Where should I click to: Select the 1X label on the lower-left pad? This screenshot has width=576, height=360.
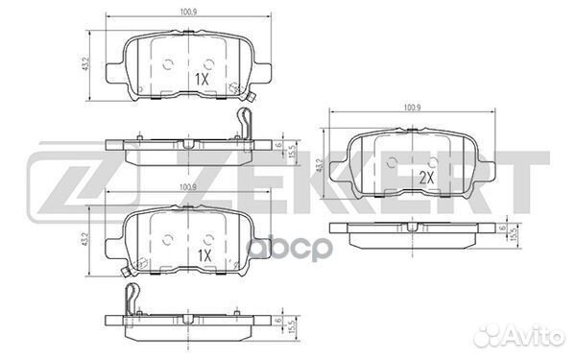[204, 255]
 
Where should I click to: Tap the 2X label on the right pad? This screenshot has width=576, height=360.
[426, 179]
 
